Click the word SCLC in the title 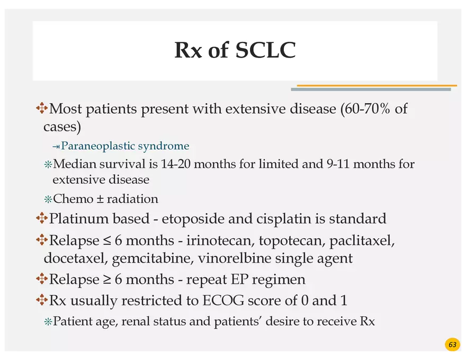click(x=265, y=50)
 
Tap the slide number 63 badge click(x=452, y=345)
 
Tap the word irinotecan click(x=221, y=241)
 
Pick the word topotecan click(x=290, y=241)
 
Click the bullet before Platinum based click(x=41, y=218)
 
